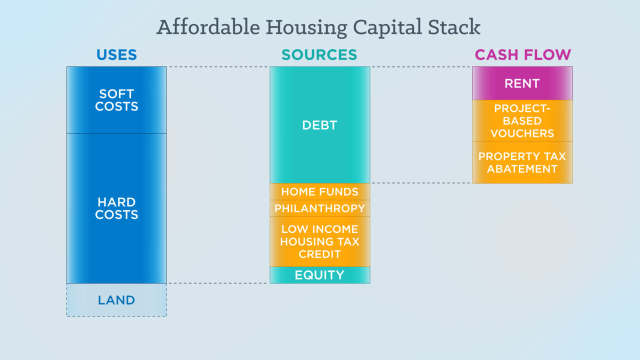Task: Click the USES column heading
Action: point(116,54)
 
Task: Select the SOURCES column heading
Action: point(319,54)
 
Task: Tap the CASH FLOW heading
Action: point(523,54)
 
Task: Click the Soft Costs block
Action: point(116,100)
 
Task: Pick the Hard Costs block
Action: point(116,208)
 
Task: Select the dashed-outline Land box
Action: point(116,300)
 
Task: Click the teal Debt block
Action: point(319,125)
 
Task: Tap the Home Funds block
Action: point(319,191)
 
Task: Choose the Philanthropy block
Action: point(319,208)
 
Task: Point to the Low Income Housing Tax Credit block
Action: point(319,241)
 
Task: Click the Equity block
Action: point(319,275)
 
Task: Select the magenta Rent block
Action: point(522,83)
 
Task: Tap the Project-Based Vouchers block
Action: point(522,121)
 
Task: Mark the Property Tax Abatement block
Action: point(522,162)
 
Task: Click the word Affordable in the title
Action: point(208,27)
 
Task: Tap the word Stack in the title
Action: point(454,27)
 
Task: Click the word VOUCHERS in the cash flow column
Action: point(522,133)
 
